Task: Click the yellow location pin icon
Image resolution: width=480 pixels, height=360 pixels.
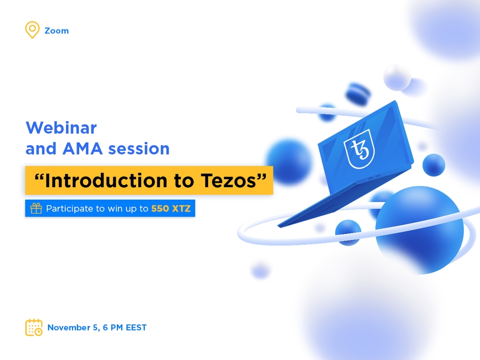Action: tap(32, 30)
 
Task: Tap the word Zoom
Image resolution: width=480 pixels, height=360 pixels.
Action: tap(57, 31)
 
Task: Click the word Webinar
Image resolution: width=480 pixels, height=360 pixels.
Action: tap(61, 128)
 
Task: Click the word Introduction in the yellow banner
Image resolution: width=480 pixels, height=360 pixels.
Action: tap(102, 181)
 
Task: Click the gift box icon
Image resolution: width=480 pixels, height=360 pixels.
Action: tap(36, 208)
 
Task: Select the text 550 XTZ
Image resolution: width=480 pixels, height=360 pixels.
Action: tap(171, 208)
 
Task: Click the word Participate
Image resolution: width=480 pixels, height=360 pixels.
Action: tap(68, 208)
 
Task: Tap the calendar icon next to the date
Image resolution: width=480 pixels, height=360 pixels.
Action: tap(34, 327)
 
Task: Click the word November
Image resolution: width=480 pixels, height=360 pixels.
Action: tap(68, 327)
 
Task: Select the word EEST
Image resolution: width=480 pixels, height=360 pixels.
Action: tap(136, 327)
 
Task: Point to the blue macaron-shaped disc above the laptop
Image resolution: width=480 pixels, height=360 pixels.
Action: tap(358, 94)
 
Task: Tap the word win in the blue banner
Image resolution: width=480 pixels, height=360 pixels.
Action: tap(115, 208)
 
